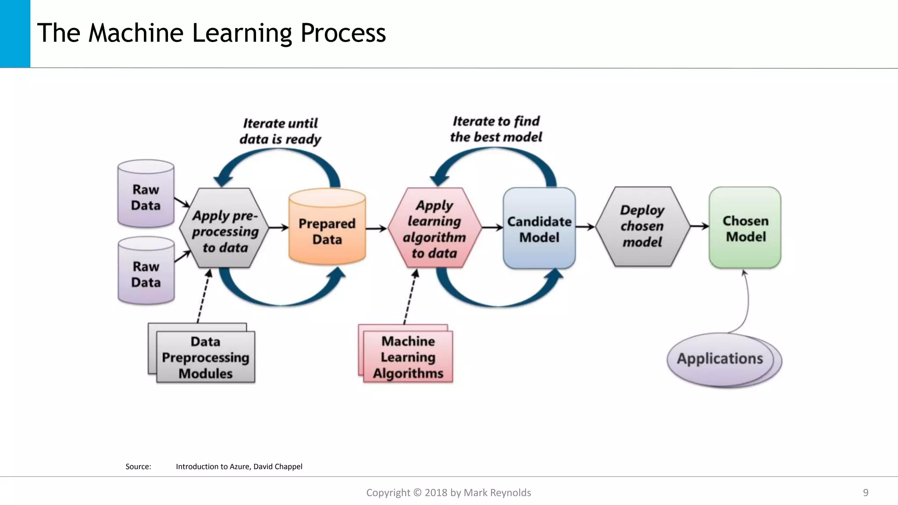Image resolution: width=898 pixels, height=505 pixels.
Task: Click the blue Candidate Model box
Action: [539, 228]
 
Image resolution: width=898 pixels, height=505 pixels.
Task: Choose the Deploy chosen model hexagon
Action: [642, 226]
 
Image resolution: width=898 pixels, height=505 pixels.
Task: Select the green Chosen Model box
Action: [745, 228]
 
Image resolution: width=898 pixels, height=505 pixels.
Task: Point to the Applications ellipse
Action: [720, 359]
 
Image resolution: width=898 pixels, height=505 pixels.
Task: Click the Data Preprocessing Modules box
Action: [206, 357]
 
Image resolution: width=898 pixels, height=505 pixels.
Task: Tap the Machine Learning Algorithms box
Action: [408, 357]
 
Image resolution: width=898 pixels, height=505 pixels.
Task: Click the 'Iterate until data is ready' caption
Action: [280, 131]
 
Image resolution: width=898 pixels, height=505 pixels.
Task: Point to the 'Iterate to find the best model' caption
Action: [496, 129]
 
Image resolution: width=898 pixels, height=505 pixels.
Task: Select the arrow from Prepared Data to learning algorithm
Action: [376, 228]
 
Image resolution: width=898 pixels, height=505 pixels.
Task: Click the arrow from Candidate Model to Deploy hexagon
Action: [585, 227]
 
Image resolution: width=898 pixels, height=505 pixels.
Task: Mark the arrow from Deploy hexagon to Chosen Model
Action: [699, 226]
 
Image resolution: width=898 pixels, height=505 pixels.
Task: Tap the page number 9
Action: [866, 493]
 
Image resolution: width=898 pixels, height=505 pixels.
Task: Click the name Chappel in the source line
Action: [289, 466]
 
